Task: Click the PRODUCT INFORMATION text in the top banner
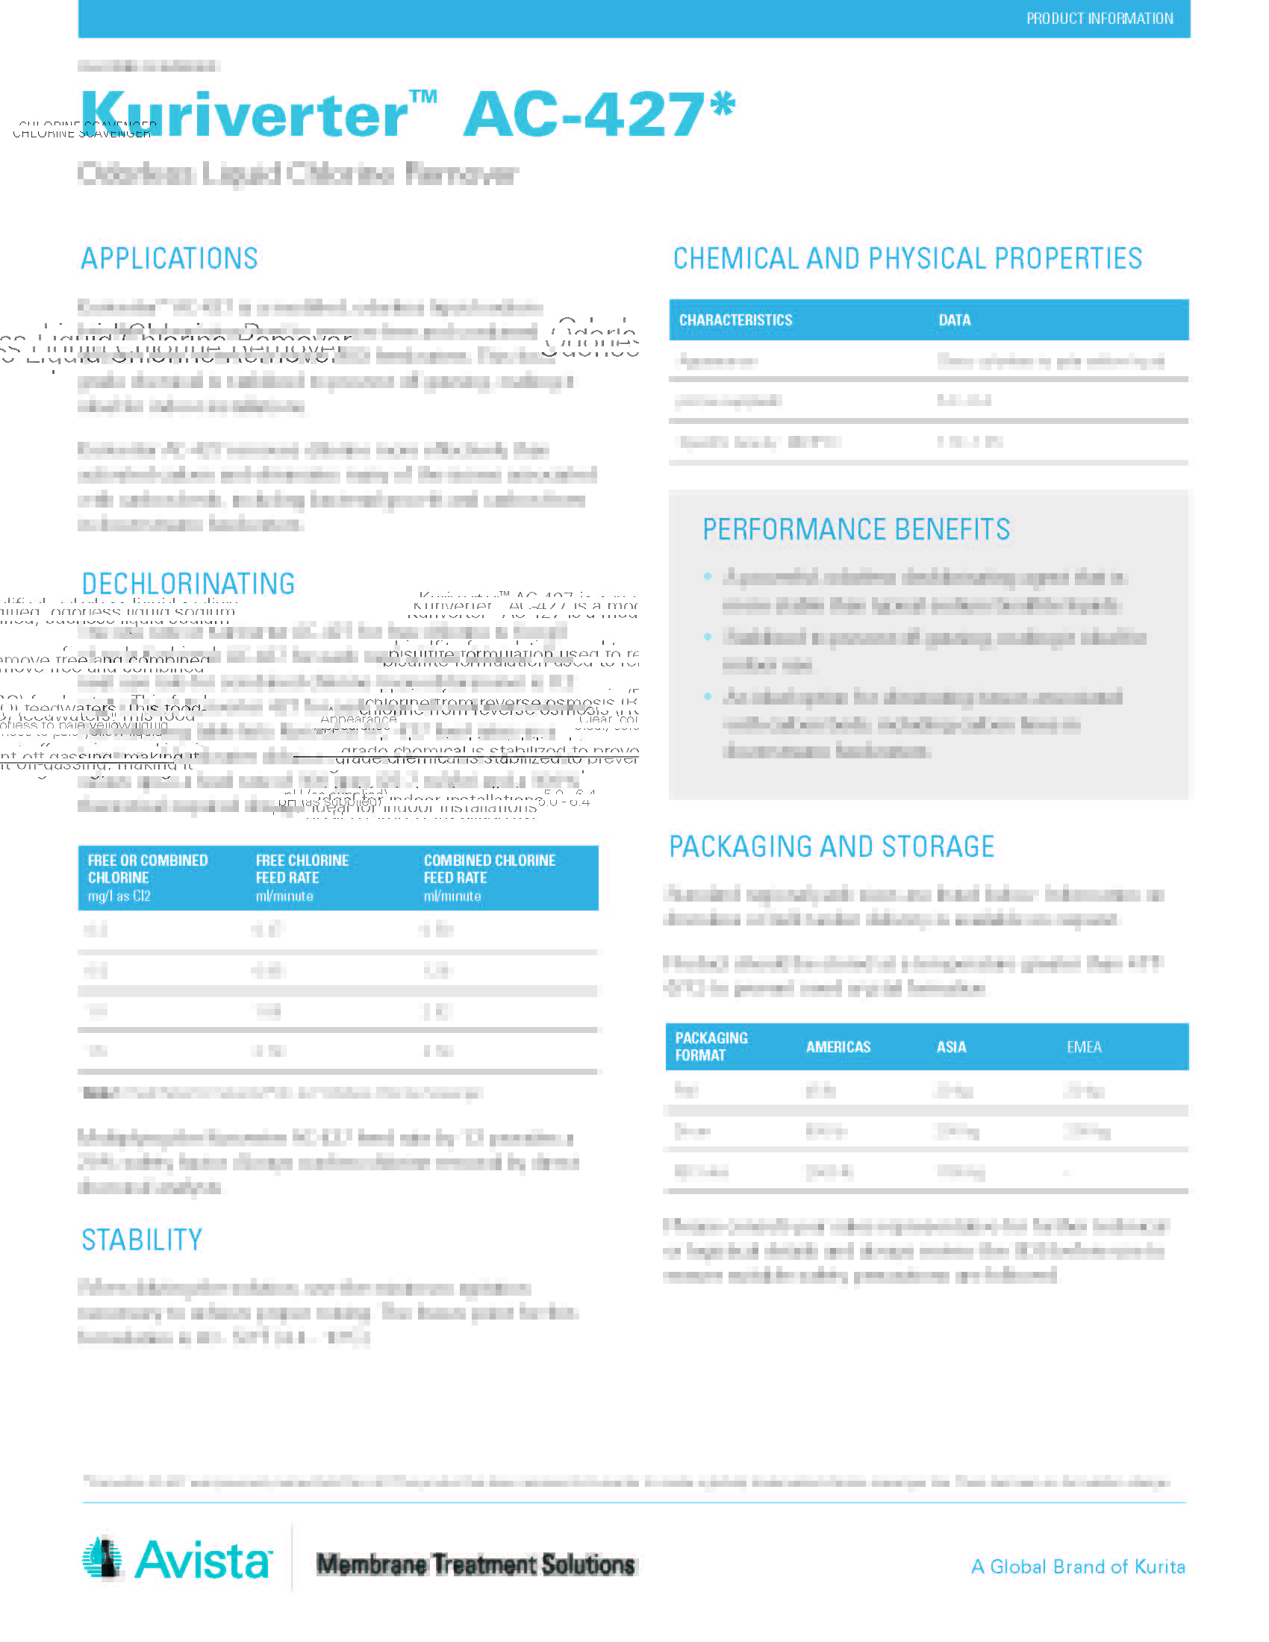pos(1099,19)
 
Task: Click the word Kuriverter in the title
pos(244,115)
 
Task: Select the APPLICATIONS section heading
pos(169,259)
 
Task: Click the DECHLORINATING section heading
pos(188,584)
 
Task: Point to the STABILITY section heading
pos(142,1240)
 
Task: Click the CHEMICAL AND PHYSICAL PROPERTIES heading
pos(908,259)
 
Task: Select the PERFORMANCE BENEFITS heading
pos(856,529)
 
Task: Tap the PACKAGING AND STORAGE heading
pos(832,846)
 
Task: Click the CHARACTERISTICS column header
pos(735,320)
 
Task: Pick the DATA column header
pos(954,320)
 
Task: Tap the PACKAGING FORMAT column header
pos(711,1046)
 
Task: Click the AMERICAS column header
pos(838,1047)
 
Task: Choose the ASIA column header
pos(951,1047)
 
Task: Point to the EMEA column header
pos(1084,1047)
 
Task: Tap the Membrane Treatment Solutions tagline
pos(475,1564)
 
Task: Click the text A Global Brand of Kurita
pos(1078,1567)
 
